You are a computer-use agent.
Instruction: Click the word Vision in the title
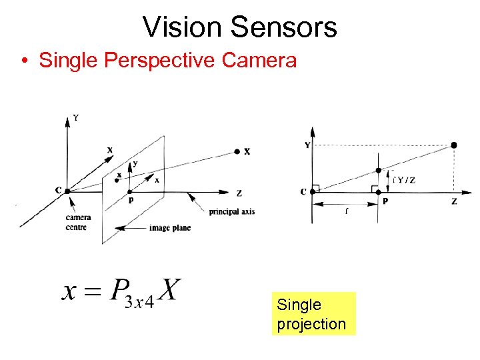(182, 27)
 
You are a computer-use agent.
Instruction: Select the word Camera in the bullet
(259, 60)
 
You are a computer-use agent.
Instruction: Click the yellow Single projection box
(313, 314)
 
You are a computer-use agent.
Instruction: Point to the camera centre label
(79, 221)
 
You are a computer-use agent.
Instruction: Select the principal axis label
(232, 212)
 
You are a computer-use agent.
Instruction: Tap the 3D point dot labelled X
(237, 152)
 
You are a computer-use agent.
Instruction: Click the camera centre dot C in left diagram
(67, 191)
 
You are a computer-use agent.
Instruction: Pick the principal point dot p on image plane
(130, 191)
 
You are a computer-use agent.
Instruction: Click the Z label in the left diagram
(239, 194)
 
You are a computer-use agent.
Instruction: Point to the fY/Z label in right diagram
(404, 179)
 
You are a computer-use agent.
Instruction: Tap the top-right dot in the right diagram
(454, 145)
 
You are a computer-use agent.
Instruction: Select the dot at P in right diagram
(379, 193)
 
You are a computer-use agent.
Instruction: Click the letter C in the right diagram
(303, 192)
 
